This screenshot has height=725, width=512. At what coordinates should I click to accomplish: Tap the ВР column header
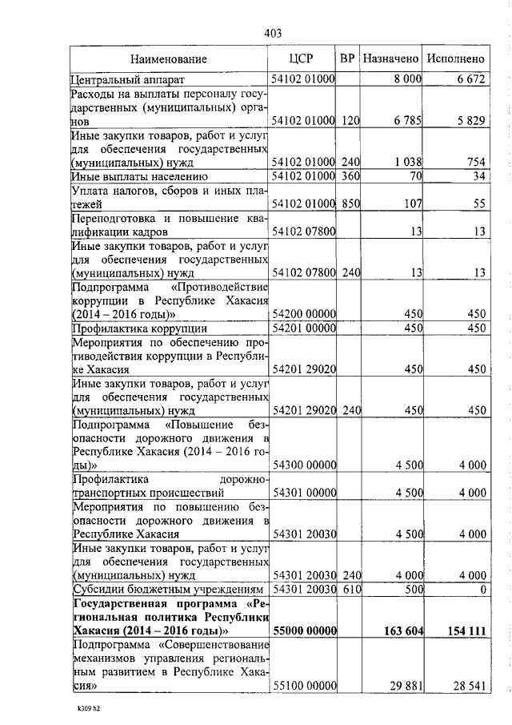(x=347, y=58)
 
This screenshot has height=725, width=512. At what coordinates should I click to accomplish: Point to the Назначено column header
(x=390, y=58)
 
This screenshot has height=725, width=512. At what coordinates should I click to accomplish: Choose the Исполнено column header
(x=456, y=58)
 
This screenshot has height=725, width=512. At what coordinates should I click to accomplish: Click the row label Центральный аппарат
(x=128, y=79)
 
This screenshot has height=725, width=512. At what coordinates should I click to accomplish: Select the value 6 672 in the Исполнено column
(x=471, y=79)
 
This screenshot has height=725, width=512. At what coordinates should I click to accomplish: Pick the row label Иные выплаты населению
(x=139, y=175)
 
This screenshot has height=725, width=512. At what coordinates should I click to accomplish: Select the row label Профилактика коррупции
(x=140, y=328)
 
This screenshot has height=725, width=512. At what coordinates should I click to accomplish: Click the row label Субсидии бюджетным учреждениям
(x=167, y=589)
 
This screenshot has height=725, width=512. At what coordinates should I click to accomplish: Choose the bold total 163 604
(x=399, y=630)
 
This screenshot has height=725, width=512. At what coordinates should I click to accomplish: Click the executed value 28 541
(x=466, y=687)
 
